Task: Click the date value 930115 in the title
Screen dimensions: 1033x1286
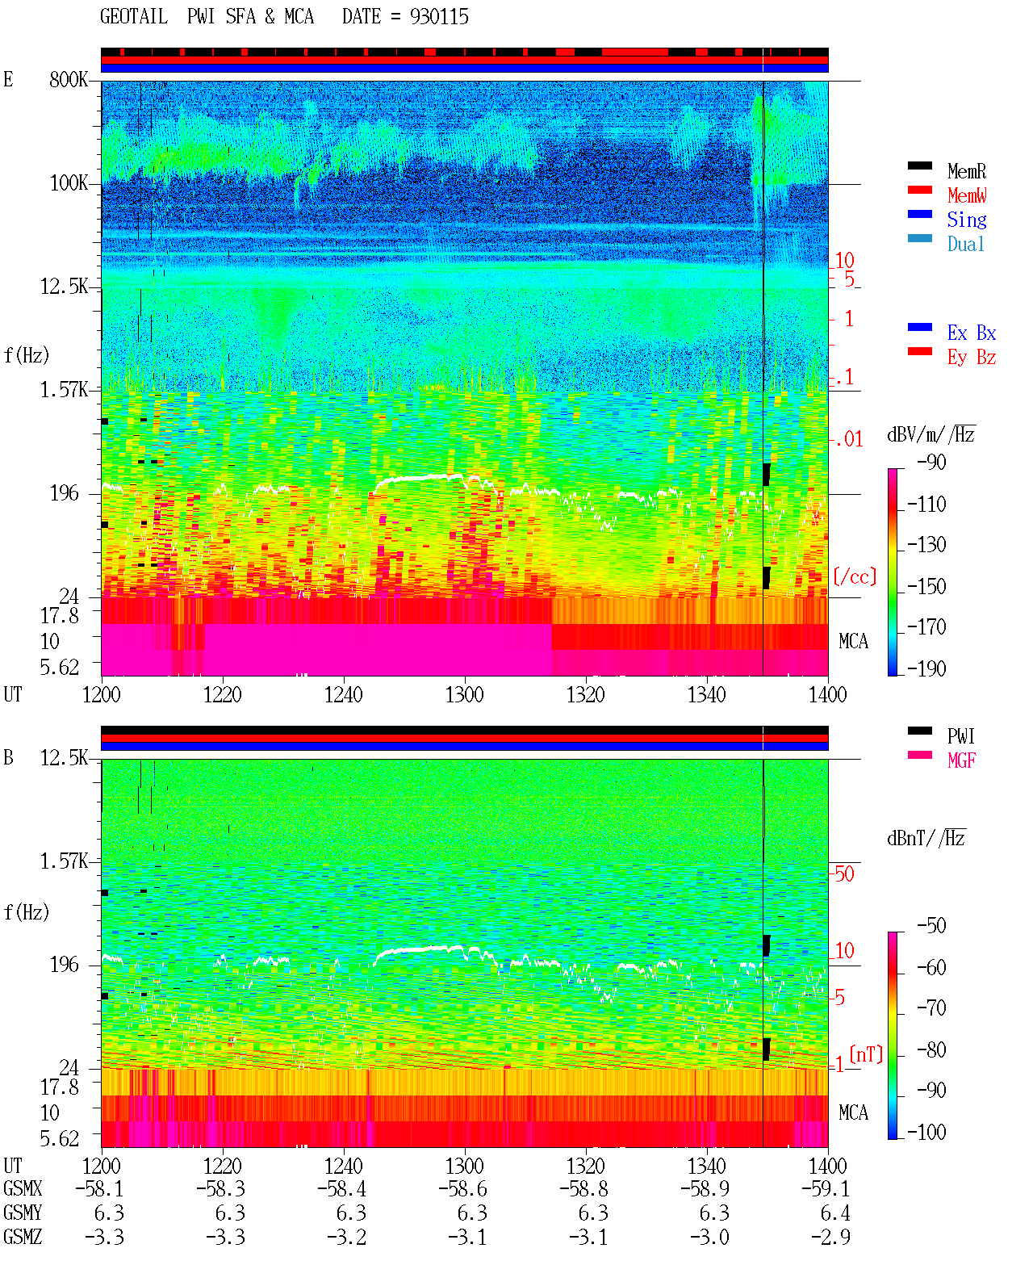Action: tap(439, 17)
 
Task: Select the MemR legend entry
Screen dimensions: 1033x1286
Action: tap(966, 171)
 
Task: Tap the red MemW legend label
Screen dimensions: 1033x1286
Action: tap(966, 195)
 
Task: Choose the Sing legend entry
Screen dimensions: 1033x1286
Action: tap(966, 220)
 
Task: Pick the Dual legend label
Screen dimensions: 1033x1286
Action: tap(965, 244)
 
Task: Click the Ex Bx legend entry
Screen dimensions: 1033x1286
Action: tap(971, 333)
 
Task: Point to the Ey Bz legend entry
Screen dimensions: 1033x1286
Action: tap(971, 358)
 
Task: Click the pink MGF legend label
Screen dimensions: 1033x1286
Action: tap(961, 760)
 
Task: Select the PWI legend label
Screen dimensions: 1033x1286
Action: tap(960, 736)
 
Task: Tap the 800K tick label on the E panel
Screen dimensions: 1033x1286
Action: tap(68, 79)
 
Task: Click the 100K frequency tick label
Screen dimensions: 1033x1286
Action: tap(68, 183)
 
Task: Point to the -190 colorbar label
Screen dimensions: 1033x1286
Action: tap(926, 668)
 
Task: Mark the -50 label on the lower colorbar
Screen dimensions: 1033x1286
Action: tap(931, 926)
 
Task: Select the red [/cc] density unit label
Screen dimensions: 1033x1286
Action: tap(855, 576)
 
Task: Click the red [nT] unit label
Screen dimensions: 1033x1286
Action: tap(866, 1054)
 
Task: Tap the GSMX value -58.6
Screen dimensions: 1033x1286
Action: tap(462, 1188)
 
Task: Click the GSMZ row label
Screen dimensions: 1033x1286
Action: tap(23, 1237)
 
